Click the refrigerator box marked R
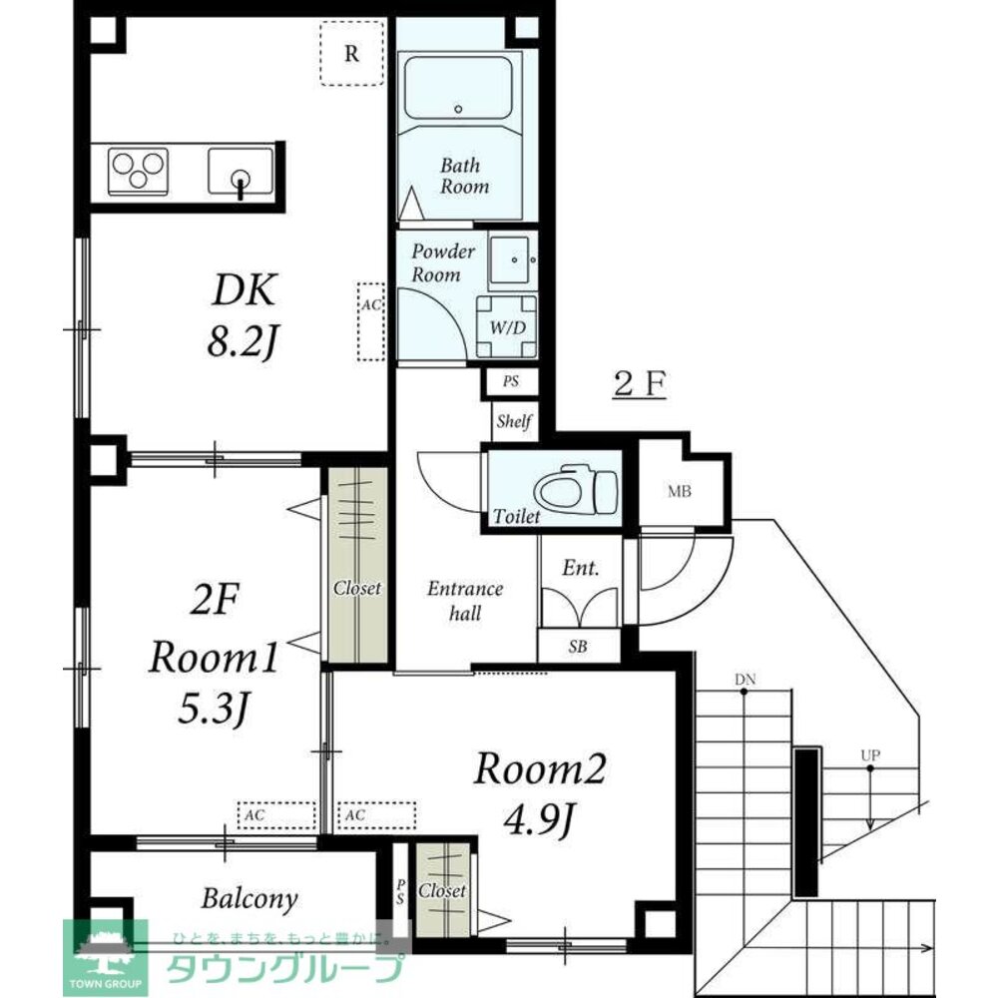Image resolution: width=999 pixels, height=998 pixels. (351, 53)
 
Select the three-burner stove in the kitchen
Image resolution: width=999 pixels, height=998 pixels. (139, 171)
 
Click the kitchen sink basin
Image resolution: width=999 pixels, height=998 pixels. (241, 171)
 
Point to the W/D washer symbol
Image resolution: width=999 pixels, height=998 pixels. (507, 327)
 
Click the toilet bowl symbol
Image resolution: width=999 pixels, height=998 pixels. (576, 493)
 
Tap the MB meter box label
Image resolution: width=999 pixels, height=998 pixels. (680, 491)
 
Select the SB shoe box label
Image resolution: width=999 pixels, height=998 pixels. (578, 647)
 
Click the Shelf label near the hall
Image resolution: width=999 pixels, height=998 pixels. (514, 421)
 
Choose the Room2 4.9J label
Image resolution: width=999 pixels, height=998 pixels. (539, 792)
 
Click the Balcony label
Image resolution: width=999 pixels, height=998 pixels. (250, 898)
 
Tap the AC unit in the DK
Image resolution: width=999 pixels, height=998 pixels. (371, 321)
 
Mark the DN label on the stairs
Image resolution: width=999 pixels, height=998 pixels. (745, 680)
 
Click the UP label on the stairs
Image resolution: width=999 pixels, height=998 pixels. (870, 755)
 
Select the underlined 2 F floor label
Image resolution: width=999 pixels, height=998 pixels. (640, 384)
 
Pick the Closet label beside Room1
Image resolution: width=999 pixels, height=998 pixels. (357, 588)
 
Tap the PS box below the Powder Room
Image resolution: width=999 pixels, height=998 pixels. (510, 381)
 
